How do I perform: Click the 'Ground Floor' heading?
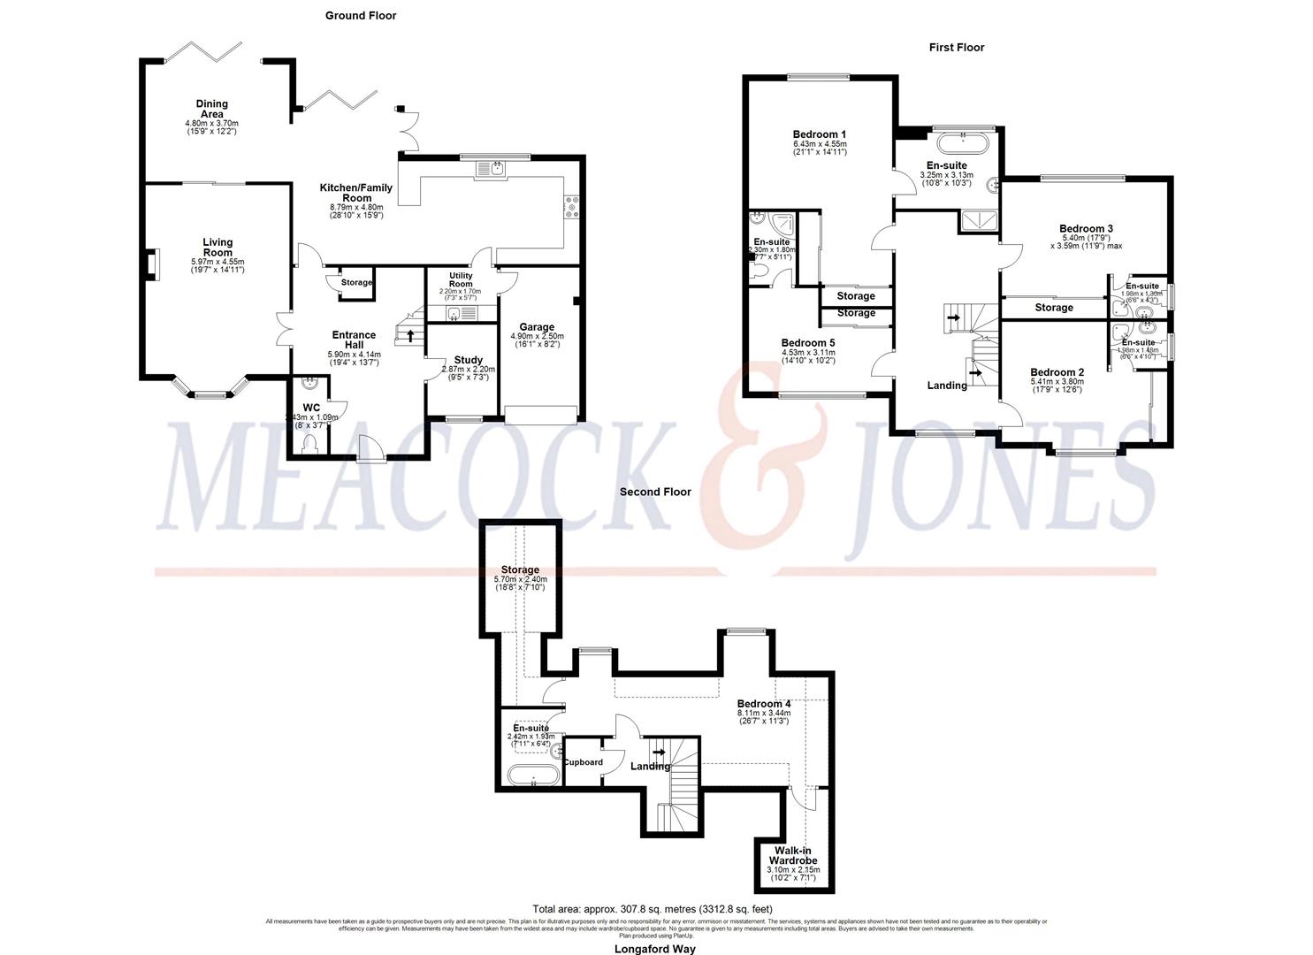[360, 15]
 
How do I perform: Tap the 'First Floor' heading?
[956, 47]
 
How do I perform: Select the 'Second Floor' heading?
[655, 492]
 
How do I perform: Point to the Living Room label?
[218, 247]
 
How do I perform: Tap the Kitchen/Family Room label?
[356, 193]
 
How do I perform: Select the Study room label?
[468, 360]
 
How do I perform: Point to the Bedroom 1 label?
[820, 134]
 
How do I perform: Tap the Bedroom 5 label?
[807, 343]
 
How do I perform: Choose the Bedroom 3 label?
[1086, 229]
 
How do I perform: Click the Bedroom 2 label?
[1057, 372]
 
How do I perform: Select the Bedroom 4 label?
[764, 704]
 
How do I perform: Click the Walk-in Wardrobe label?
[792, 855]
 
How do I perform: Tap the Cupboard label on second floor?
[583, 762]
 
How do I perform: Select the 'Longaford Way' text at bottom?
[655, 949]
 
